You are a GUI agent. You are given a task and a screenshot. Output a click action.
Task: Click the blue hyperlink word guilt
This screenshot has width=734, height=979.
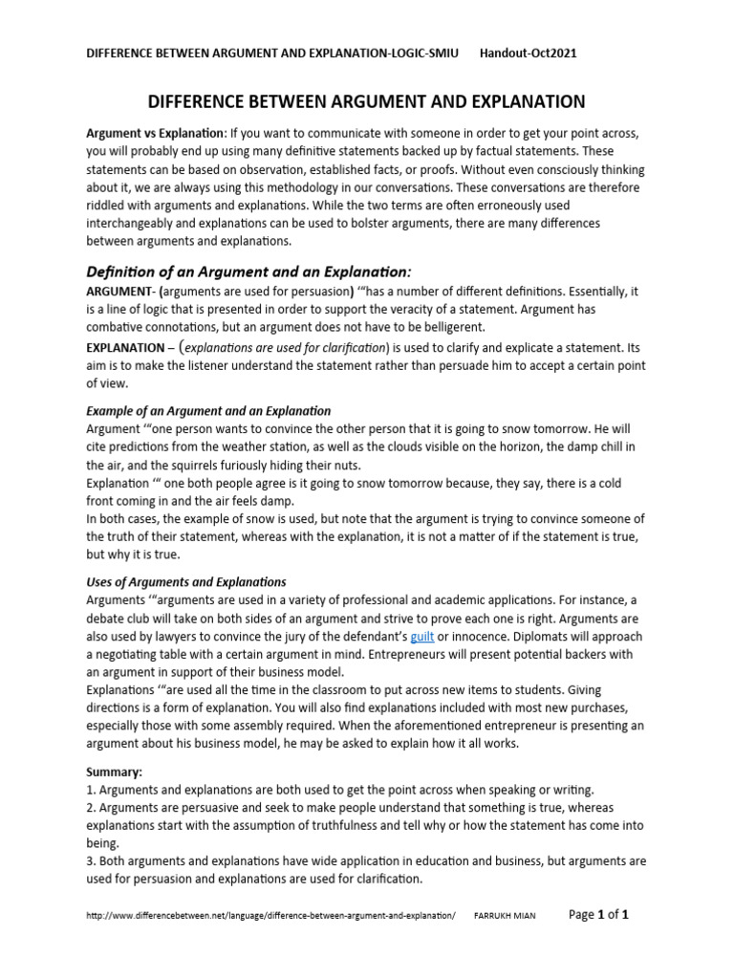click(x=422, y=636)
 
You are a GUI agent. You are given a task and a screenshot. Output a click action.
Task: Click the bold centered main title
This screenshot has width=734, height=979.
click(x=366, y=101)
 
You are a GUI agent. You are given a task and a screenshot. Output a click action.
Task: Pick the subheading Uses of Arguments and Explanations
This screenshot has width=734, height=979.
click(x=186, y=581)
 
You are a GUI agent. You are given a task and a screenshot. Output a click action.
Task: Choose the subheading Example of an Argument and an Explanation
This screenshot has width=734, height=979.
click(x=208, y=410)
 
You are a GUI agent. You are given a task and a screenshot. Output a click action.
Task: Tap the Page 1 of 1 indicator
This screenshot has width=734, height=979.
click(x=598, y=915)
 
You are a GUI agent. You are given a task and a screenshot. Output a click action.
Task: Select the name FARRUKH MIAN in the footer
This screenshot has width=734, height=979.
click(x=506, y=917)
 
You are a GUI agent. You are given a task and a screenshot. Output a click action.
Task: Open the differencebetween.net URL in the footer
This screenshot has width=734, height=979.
click(x=271, y=917)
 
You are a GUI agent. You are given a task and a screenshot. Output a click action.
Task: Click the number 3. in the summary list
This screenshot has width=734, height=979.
click(x=92, y=860)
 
